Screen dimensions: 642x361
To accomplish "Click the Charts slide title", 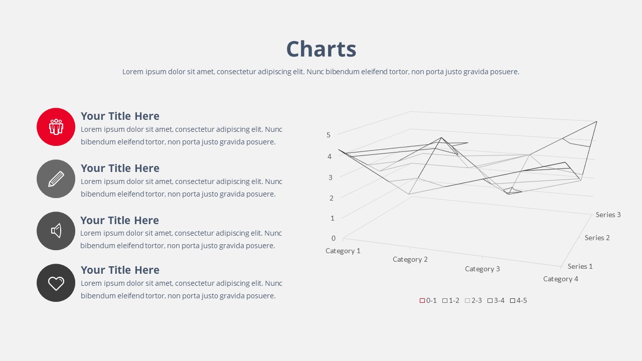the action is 321,49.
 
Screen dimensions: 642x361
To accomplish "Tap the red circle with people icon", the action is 56,127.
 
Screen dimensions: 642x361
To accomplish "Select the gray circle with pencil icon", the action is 56,179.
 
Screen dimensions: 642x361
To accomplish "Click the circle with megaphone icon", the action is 56,231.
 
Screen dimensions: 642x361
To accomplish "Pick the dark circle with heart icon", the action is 56,283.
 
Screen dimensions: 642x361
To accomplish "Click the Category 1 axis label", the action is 343,251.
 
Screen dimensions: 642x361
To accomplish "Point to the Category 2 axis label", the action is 410,259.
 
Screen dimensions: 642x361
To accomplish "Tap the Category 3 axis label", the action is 483,269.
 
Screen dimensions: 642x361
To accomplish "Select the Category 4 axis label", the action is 561,279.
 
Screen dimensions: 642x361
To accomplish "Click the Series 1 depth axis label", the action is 580,266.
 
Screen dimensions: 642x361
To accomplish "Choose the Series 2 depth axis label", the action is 597,238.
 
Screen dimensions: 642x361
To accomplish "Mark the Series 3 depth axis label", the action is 608,215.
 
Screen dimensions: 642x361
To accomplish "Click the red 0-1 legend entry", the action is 428,300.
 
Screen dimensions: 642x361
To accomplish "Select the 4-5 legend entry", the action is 519,300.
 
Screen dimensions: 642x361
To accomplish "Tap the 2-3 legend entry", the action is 473,300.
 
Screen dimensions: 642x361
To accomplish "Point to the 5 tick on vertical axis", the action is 329,135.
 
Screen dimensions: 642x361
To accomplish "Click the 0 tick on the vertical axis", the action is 334,238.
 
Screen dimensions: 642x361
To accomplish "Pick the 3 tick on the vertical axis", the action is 331,177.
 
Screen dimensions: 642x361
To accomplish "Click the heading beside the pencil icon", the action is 120,168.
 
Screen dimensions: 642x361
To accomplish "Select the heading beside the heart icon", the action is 120,270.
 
